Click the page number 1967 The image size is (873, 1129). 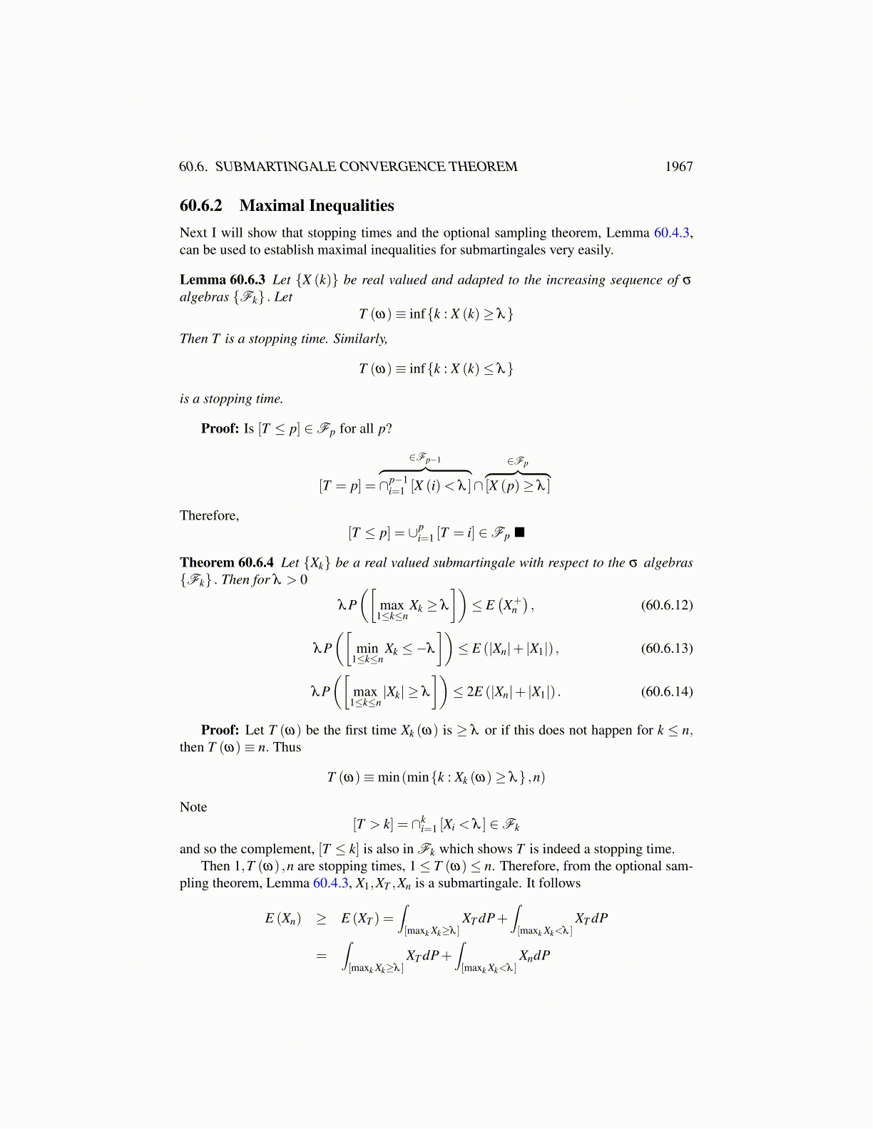678,167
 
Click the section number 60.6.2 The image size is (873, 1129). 201,206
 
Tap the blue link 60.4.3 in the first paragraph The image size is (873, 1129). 671,232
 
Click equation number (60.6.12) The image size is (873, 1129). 667,605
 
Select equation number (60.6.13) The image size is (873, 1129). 667,648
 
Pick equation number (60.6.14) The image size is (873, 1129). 667,691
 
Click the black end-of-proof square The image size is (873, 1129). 519,532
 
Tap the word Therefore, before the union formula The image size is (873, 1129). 209,515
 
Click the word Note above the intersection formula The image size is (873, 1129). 193,807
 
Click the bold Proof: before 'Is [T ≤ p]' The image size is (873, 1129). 220,428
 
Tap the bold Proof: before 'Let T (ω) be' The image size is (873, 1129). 220,730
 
